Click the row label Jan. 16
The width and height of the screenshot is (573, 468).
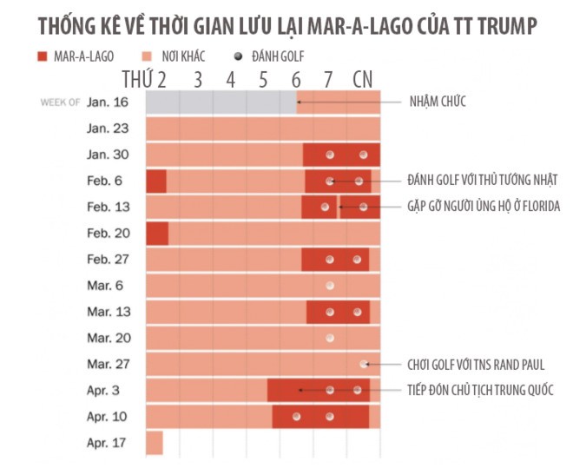coord(107,102)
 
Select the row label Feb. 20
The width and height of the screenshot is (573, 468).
coord(107,233)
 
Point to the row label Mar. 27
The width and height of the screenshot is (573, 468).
coord(107,364)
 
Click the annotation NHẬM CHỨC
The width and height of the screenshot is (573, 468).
coord(438,102)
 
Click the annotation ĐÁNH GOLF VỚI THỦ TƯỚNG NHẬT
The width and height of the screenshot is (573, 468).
coord(481,181)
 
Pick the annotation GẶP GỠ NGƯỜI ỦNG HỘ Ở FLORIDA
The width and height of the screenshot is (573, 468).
coord(484,207)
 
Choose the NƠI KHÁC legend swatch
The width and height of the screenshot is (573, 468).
coord(149,56)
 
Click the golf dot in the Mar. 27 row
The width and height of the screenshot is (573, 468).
coord(364,364)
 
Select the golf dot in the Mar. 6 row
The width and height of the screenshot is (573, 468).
coord(330,286)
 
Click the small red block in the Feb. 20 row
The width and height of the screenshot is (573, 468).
coord(156,234)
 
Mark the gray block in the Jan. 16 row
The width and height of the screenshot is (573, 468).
coord(221,102)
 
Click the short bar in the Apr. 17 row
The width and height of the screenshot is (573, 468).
coord(154,442)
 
